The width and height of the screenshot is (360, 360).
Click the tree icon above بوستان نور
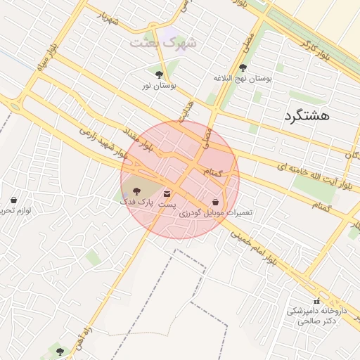[159, 74]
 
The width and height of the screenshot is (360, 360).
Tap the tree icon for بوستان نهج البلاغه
[243, 68]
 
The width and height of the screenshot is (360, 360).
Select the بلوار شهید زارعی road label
[103, 141]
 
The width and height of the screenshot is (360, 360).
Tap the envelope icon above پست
[167, 193]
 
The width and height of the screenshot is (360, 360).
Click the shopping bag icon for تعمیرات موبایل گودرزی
[214, 201]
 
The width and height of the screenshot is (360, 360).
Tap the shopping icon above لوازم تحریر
[13, 200]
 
